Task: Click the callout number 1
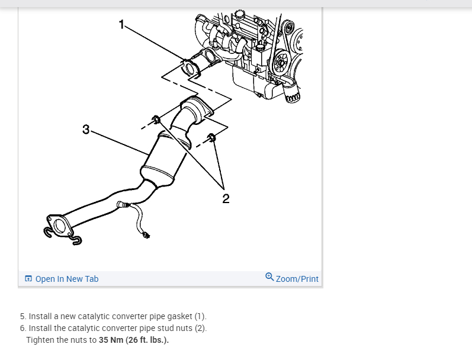pyautogui.click(x=122, y=24)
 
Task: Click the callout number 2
pyautogui.click(x=226, y=198)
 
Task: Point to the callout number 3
pyautogui.click(x=86, y=129)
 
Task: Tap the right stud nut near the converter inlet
pyautogui.click(x=212, y=139)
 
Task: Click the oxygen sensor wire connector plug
pyautogui.click(x=146, y=236)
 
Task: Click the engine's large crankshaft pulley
pyautogui.click(x=282, y=62)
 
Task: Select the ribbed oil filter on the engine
pyautogui.click(x=293, y=94)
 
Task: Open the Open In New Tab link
pyautogui.click(x=66, y=279)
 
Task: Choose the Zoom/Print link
pyautogui.click(x=297, y=279)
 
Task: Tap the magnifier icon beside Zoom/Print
pyautogui.click(x=269, y=277)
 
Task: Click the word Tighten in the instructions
pyautogui.click(x=40, y=340)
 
